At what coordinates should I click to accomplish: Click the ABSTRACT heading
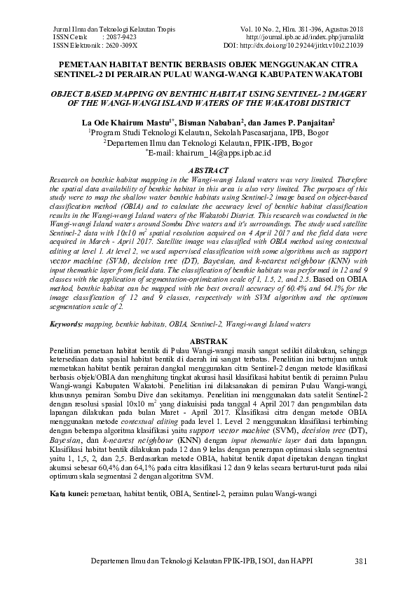(208, 171)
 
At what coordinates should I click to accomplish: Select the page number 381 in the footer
(361, 561)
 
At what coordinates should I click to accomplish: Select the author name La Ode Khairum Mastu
(122, 122)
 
